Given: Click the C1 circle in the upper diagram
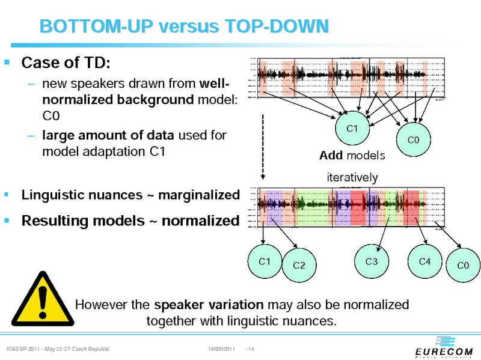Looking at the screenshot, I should click(x=353, y=129).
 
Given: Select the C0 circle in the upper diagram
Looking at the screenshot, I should click(x=413, y=140).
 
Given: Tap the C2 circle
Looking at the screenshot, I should click(x=299, y=265).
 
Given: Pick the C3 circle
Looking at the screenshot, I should click(x=372, y=261).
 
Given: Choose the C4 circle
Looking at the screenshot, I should click(x=424, y=261).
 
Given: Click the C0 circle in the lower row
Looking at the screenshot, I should click(x=462, y=265).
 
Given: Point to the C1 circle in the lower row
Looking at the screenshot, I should click(x=264, y=261).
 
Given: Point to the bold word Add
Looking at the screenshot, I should click(x=331, y=156).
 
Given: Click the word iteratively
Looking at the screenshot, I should click(x=352, y=177).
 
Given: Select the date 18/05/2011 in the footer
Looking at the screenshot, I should click(x=221, y=349).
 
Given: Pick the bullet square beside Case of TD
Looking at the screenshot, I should click(x=7, y=62).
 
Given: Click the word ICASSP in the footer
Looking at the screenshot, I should click(x=16, y=349).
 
